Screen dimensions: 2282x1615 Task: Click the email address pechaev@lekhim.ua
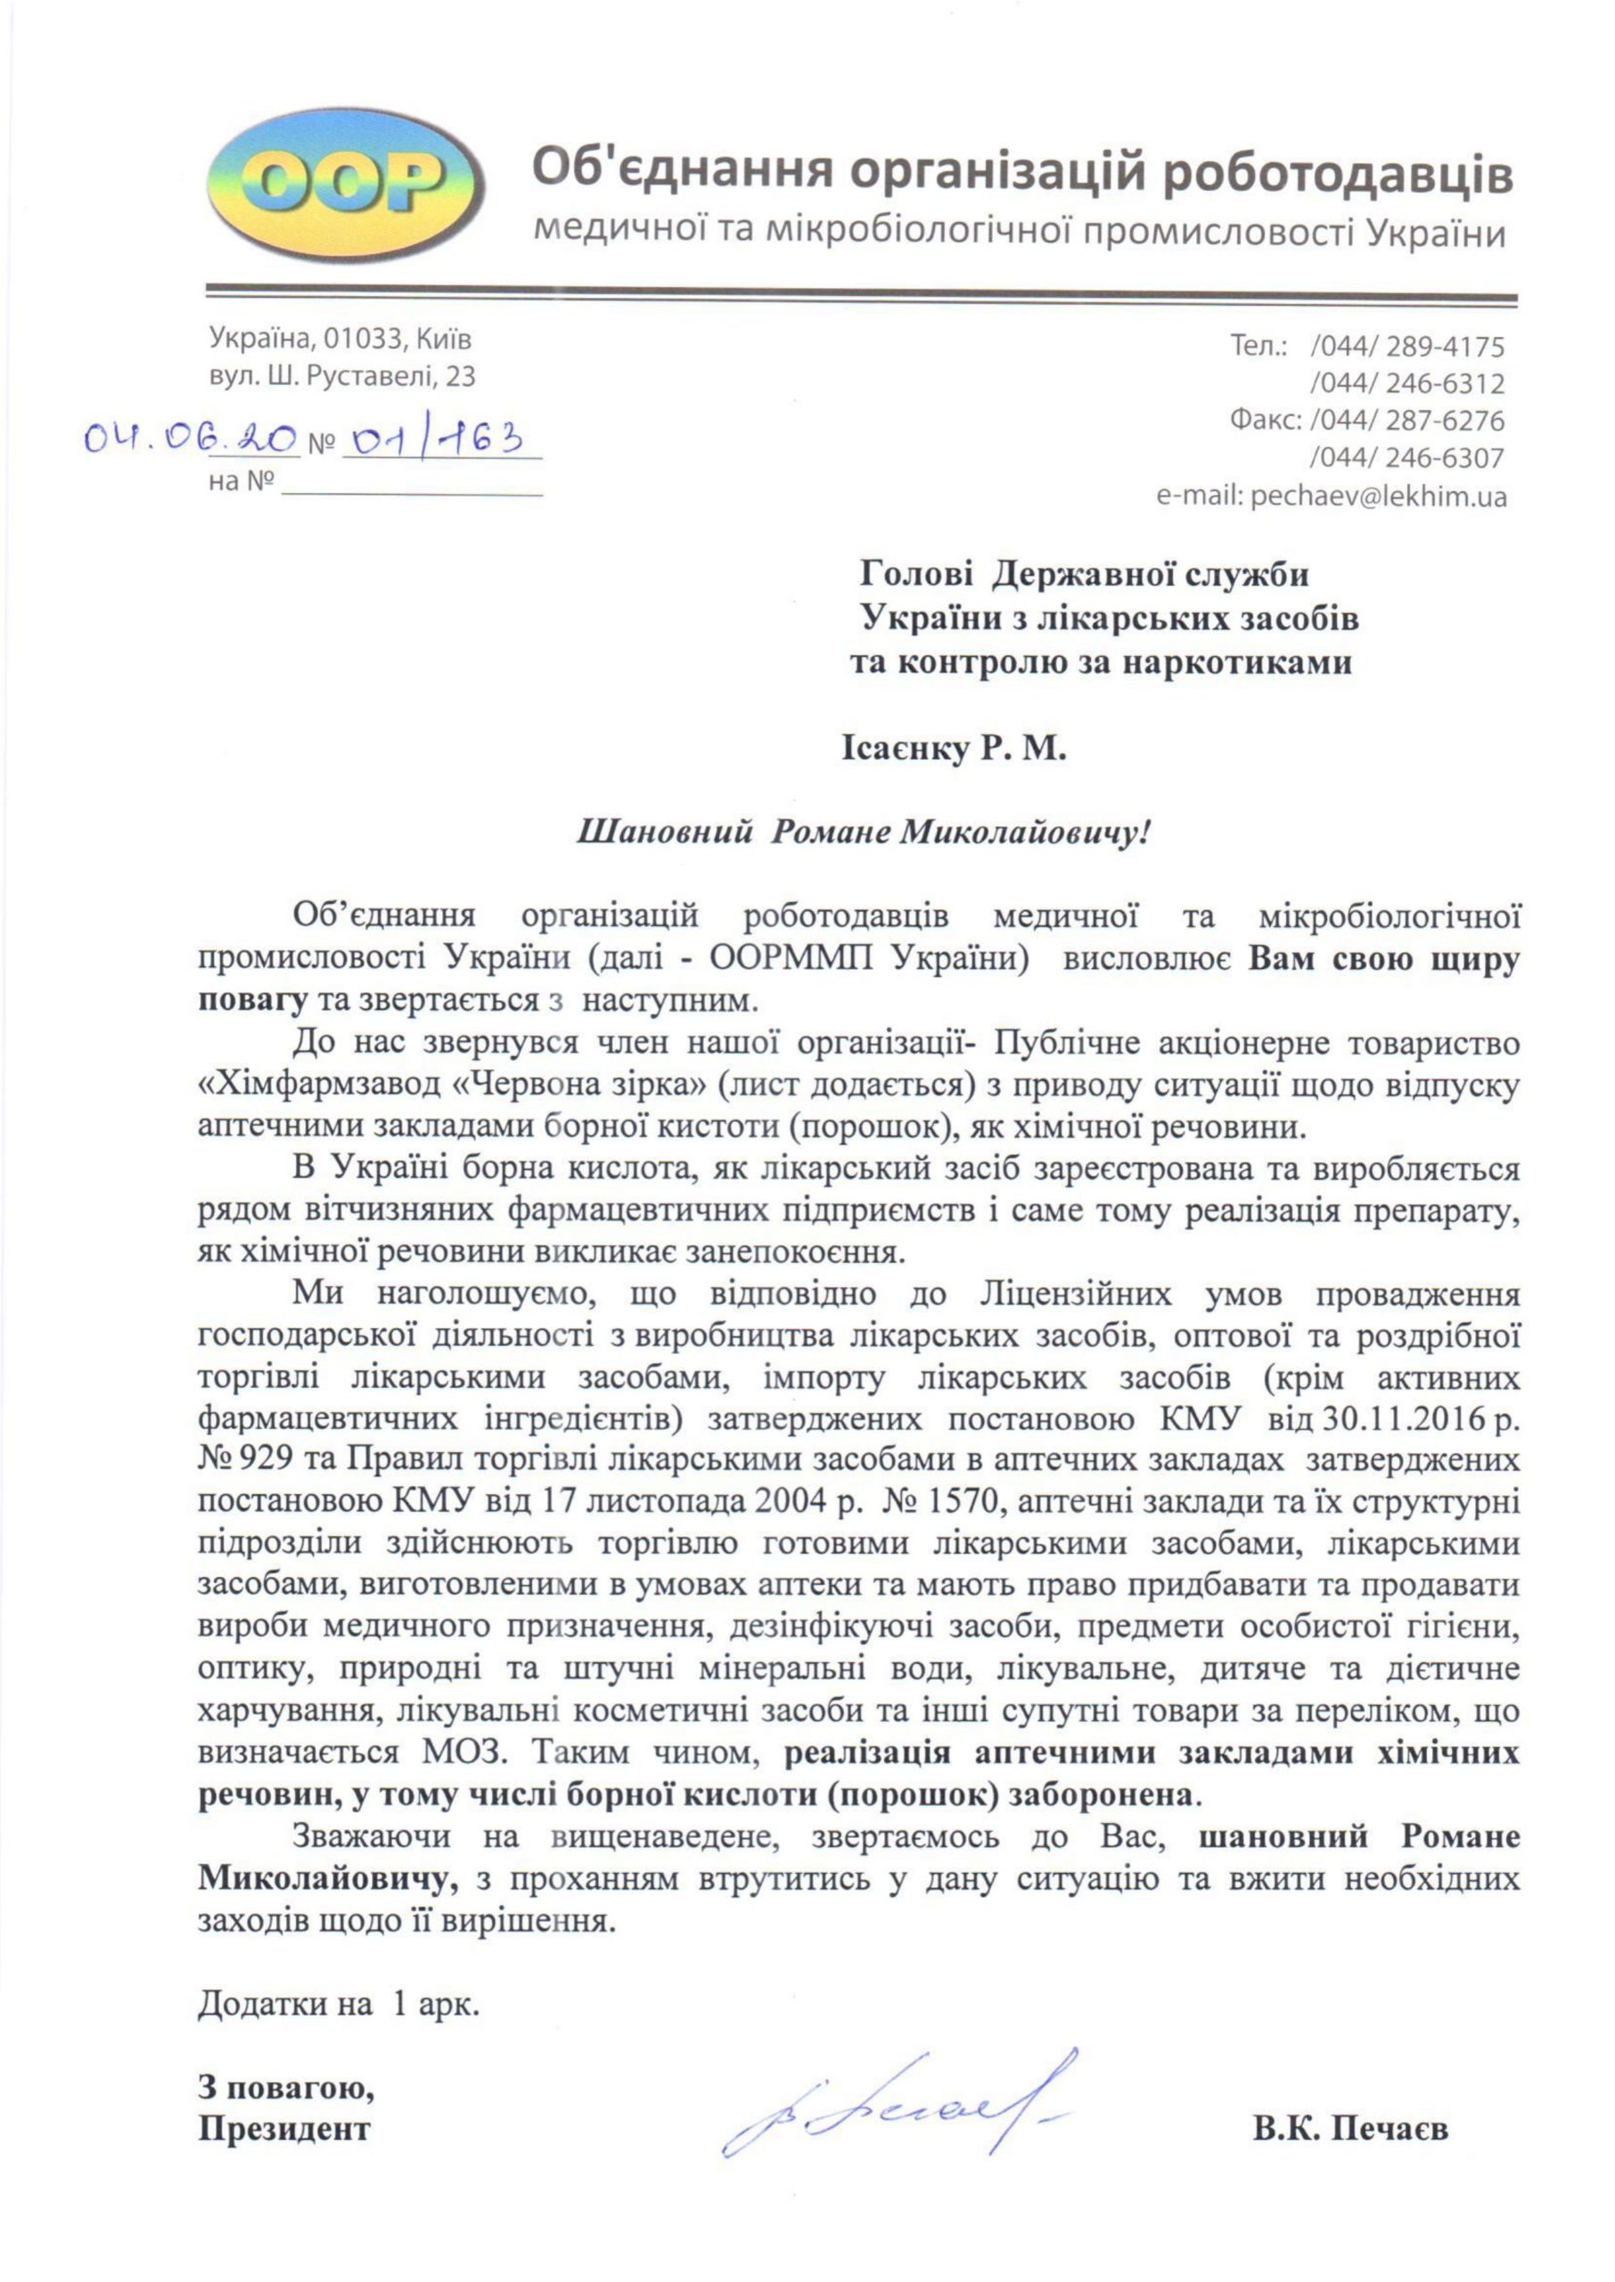(1375, 497)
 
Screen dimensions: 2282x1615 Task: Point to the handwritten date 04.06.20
(189, 439)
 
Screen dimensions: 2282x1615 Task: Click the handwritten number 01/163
(432, 439)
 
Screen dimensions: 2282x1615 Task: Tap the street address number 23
(459, 377)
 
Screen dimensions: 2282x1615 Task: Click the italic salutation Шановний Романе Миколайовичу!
(862, 833)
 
